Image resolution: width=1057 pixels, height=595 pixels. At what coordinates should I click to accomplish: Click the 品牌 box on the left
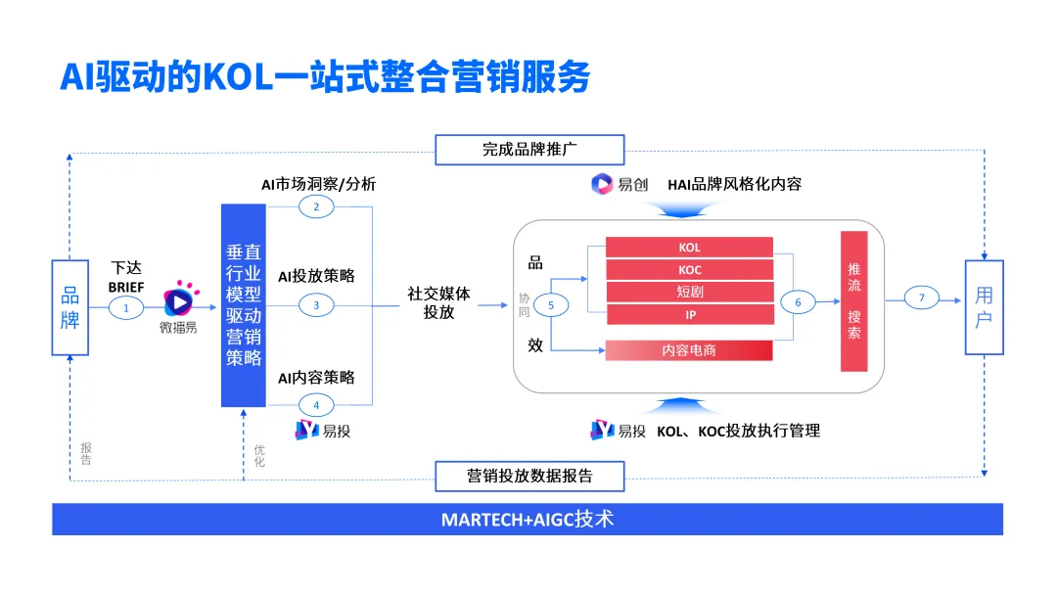coord(69,307)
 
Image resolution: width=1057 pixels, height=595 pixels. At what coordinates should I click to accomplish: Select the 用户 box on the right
coord(984,307)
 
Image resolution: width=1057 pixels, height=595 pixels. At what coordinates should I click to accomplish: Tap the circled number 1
coord(125,307)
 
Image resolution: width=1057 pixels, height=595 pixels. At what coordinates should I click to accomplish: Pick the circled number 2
coord(316,206)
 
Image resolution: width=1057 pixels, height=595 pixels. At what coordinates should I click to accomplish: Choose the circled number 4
coord(316,404)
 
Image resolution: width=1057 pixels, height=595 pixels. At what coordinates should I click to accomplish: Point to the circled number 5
coord(551,305)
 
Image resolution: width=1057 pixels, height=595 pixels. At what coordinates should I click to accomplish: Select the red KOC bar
coord(689,269)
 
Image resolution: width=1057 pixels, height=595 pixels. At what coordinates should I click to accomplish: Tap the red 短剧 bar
coord(689,292)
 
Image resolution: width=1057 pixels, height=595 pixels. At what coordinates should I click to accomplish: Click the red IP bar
coord(689,314)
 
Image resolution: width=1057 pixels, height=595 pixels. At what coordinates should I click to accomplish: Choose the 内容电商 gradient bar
coord(689,349)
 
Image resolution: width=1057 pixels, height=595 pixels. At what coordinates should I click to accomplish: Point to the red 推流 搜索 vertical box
coord(853,301)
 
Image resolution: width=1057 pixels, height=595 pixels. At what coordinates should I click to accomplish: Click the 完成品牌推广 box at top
coord(529,150)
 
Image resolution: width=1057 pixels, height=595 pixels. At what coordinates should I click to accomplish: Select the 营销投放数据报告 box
coord(529,477)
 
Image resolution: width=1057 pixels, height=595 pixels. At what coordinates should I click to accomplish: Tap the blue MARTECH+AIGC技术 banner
coord(528,519)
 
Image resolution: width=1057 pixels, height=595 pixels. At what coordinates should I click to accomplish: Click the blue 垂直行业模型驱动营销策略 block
coord(244,305)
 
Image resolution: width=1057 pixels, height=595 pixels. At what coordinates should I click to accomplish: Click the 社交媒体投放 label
coord(438,302)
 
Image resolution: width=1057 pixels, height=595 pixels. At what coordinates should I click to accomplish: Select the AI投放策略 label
coord(316,276)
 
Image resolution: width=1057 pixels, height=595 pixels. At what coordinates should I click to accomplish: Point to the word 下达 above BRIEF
coord(126,267)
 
